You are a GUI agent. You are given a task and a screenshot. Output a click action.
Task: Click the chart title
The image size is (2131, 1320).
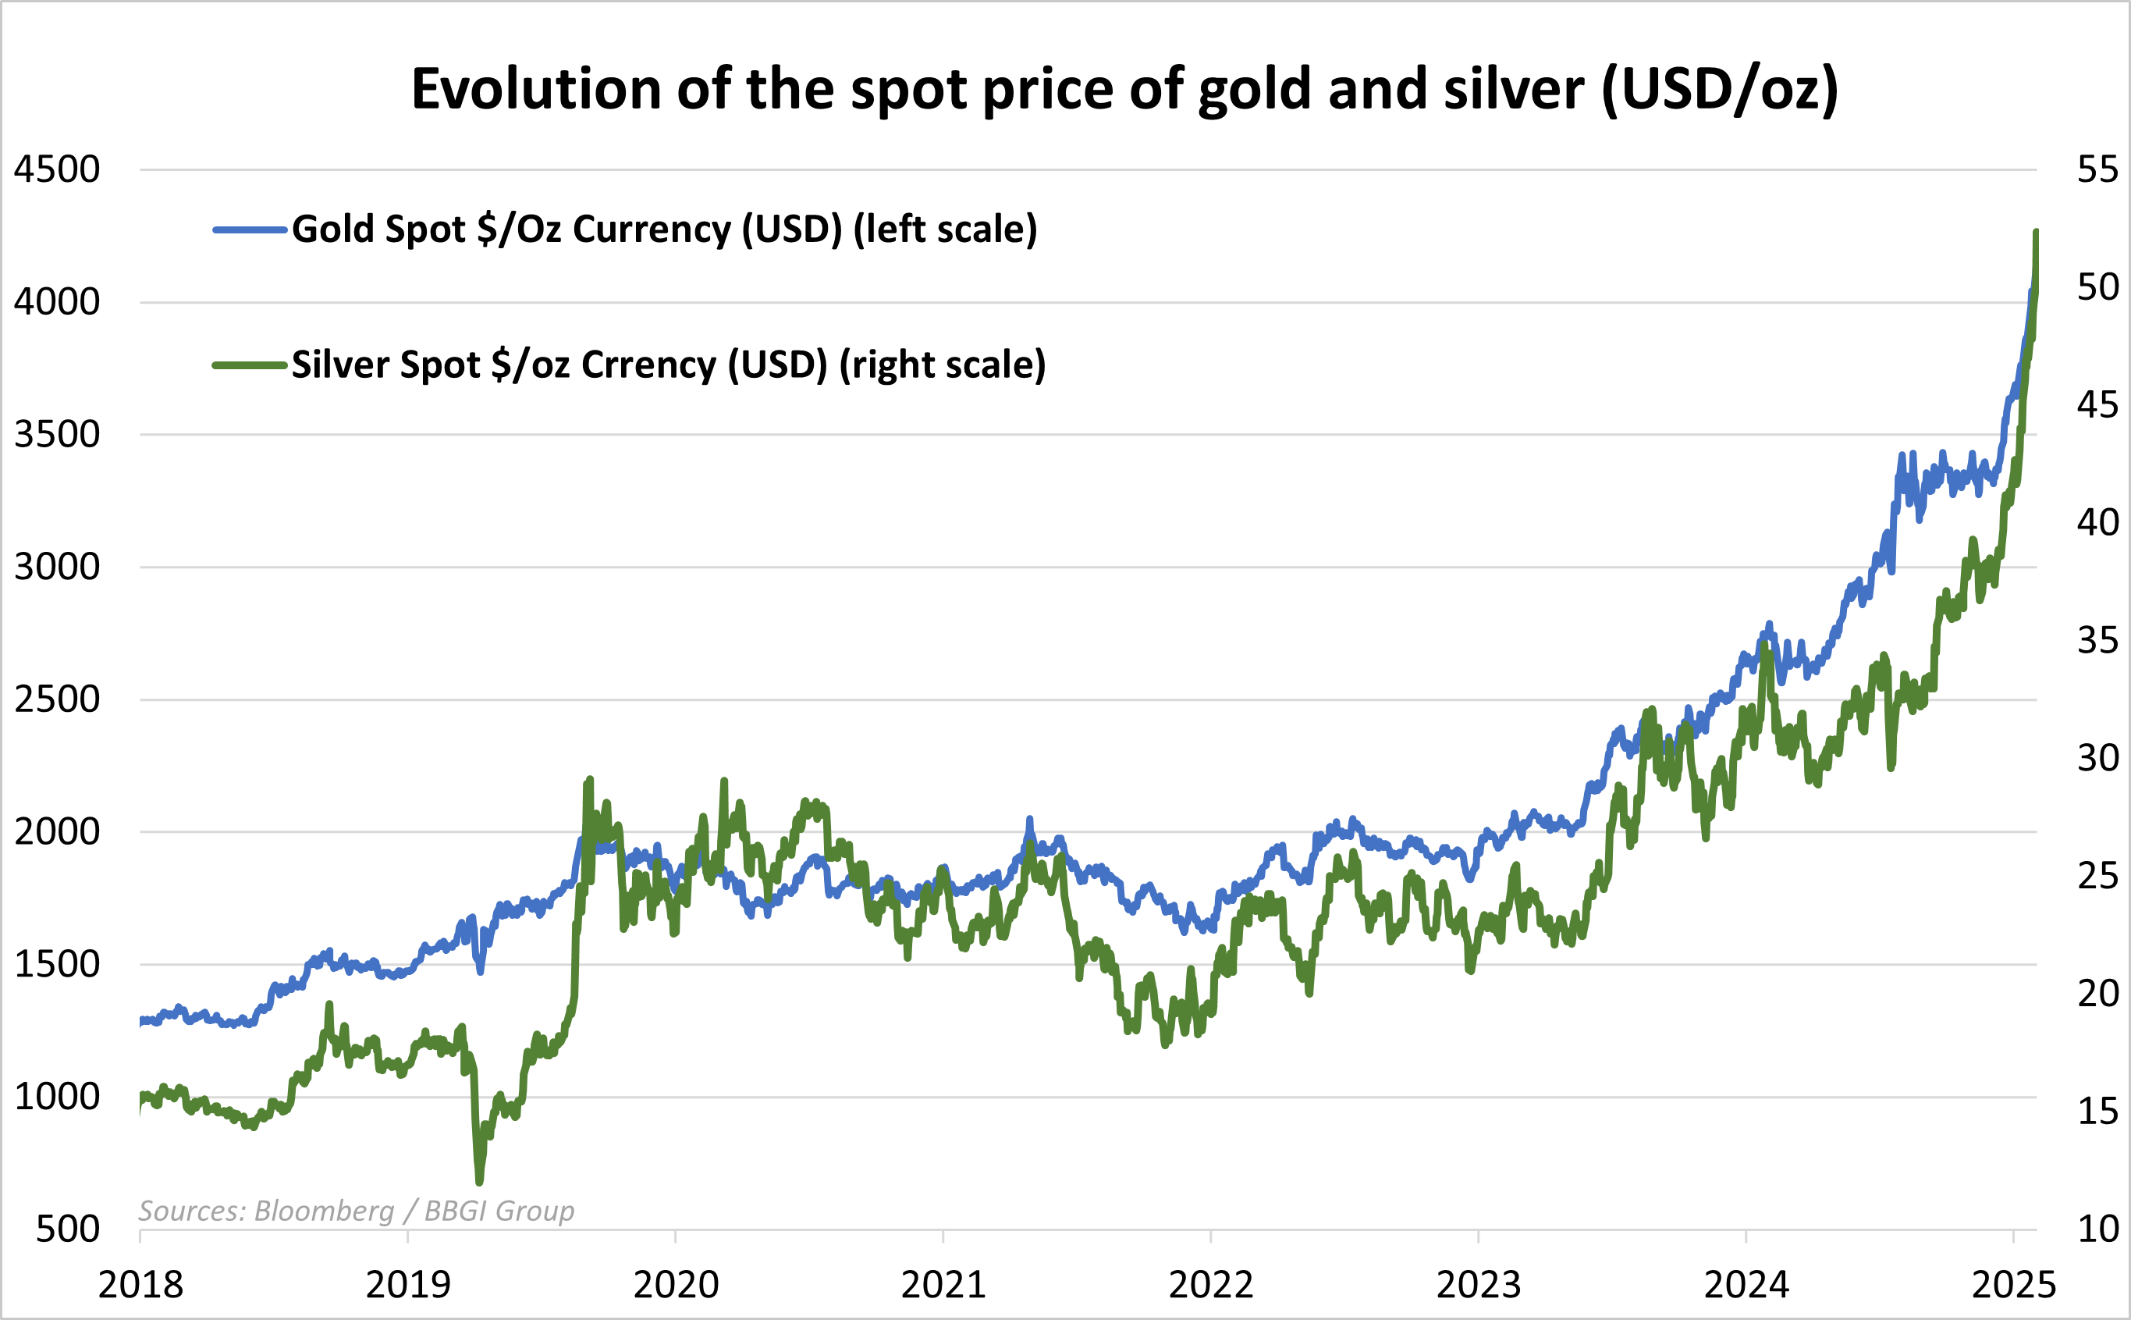point(1124,89)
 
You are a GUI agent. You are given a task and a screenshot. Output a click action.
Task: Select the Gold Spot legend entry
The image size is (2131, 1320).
point(663,229)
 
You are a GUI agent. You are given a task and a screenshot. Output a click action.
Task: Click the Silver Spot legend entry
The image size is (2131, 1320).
point(668,365)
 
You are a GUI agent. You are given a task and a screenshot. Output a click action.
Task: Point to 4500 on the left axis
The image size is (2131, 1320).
point(57,169)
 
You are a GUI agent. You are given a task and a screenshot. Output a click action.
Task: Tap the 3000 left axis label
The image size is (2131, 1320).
point(57,567)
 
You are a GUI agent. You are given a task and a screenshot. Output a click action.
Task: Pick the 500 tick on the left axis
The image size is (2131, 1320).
point(67,1229)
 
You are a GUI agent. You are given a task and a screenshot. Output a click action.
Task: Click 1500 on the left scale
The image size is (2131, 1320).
point(57,965)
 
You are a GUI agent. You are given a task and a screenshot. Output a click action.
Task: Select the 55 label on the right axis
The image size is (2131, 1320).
point(2097,169)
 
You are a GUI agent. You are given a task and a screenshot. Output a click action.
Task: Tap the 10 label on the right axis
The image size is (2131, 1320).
point(2097,1229)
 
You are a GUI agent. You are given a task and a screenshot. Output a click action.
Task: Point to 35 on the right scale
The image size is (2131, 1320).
point(2097,641)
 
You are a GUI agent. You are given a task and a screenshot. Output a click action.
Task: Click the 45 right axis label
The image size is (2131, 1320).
point(2097,405)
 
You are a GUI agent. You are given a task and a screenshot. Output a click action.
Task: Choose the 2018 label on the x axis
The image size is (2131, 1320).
point(140,1285)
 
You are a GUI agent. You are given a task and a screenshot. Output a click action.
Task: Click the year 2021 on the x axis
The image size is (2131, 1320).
point(943,1285)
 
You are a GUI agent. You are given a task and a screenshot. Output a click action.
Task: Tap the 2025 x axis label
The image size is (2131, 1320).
point(2014,1285)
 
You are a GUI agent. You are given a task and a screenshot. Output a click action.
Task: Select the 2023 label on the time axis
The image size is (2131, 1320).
point(1478,1285)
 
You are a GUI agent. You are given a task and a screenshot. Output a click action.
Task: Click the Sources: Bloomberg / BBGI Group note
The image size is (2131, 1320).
point(356,1211)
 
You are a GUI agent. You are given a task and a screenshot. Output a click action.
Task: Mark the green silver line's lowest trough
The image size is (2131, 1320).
point(479,1183)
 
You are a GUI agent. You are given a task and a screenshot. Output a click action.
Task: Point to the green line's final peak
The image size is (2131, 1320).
point(2036,232)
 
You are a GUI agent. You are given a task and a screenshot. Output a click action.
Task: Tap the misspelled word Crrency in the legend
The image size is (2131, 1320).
point(648,365)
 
